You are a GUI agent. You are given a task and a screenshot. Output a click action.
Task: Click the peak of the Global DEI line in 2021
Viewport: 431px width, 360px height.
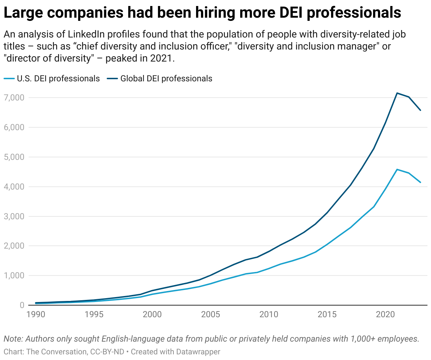pos(397,93)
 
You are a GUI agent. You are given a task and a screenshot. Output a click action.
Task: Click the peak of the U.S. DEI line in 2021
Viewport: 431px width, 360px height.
pos(397,169)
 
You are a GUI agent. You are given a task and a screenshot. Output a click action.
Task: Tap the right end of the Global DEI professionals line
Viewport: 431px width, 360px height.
pos(420,110)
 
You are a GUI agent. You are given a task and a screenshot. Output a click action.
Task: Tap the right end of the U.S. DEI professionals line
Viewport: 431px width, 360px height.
pos(420,182)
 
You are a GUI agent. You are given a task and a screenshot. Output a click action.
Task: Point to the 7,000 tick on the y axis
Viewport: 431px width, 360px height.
pos(14,97)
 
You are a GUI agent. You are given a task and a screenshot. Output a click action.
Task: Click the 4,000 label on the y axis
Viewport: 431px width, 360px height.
pos(14,186)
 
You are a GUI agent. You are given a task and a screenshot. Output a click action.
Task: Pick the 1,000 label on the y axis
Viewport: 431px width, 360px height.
pos(14,275)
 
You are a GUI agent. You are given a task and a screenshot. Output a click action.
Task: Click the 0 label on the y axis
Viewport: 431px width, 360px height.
pos(22,305)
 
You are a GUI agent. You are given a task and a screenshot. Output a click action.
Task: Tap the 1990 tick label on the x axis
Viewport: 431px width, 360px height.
pos(36,314)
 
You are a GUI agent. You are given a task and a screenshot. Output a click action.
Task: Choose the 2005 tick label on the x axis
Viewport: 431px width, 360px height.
pos(211,314)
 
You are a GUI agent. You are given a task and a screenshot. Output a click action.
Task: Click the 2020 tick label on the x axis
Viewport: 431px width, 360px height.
pos(385,314)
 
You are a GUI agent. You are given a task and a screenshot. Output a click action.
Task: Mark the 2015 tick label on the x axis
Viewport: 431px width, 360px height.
pos(327,314)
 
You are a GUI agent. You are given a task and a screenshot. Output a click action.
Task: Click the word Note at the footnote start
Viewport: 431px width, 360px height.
pos(13,339)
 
